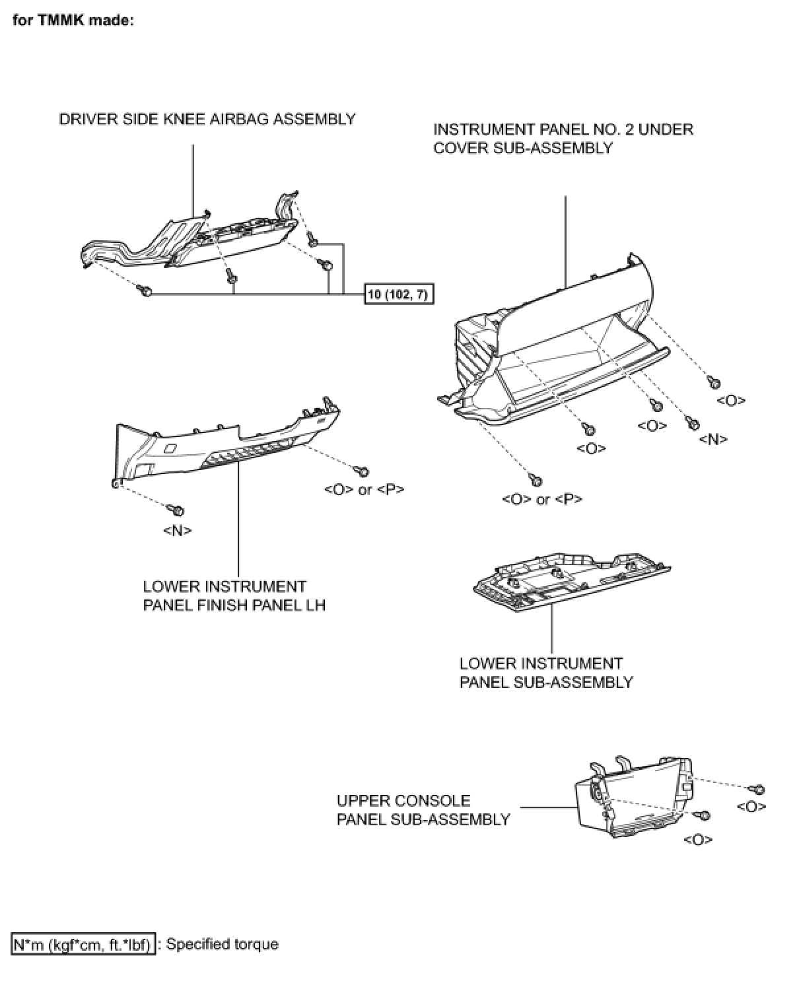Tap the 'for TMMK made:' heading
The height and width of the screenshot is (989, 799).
73,20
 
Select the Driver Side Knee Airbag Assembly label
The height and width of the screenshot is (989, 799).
207,119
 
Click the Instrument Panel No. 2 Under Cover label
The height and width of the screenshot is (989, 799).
563,138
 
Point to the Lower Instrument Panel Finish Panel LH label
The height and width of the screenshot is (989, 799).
234,596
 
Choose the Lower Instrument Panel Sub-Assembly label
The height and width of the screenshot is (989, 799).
545,673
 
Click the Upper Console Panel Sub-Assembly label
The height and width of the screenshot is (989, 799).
423,810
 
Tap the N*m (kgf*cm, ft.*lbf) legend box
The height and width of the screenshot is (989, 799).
83,944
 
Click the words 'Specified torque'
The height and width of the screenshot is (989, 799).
222,944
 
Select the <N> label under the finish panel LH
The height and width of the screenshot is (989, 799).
177,530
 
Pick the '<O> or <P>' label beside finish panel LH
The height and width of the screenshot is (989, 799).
364,490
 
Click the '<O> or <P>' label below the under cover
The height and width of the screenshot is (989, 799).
542,499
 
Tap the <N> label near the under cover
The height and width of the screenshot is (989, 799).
713,439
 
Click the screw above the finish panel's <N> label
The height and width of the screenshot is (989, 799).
177,510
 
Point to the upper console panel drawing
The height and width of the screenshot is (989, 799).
634,799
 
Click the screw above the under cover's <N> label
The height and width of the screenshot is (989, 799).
693,423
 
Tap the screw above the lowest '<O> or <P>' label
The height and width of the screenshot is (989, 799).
535,479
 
